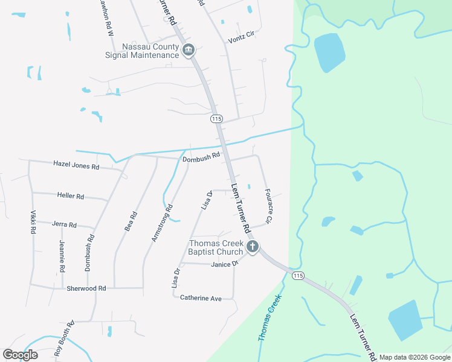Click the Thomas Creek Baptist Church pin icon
pyautogui.click(x=253, y=246)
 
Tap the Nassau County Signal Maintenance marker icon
pyautogui.click(x=189, y=49)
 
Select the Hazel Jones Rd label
pyautogui.click(x=76, y=164)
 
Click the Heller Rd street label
pyautogui.click(x=71, y=196)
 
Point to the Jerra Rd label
pyautogui.click(x=64, y=224)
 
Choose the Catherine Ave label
pyautogui.click(x=201, y=298)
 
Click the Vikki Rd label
pyautogui.click(x=33, y=222)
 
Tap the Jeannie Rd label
pyautogui.click(x=62, y=255)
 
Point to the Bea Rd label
pyautogui.click(x=131, y=221)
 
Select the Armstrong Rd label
pyautogui.click(x=162, y=223)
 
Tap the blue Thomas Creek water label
pyautogui.click(x=270, y=317)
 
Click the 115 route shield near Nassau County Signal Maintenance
pyautogui.click(x=216, y=119)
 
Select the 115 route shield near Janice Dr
pyautogui.click(x=297, y=276)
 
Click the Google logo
pyautogui.click(x=20, y=355)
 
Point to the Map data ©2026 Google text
pyautogui.click(x=414, y=357)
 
